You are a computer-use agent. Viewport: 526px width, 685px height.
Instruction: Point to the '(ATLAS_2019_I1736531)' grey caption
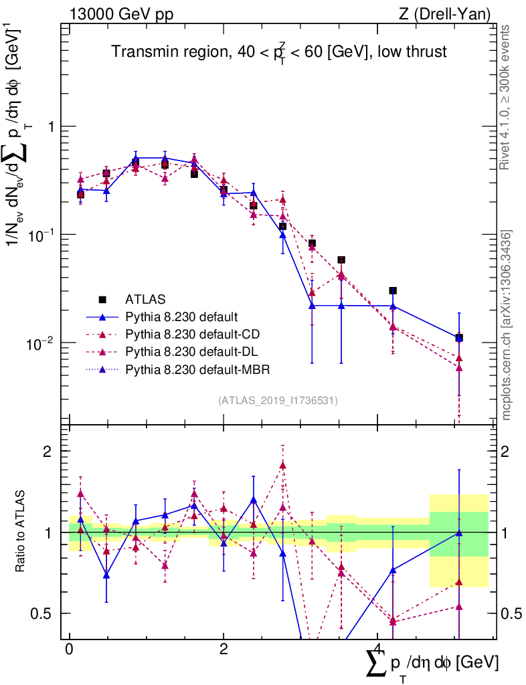[x=278, y=401]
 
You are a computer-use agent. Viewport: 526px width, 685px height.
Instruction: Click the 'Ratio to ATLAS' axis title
[x=21, y=532]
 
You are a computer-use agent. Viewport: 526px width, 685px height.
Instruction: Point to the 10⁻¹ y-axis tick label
[x=45, y=233]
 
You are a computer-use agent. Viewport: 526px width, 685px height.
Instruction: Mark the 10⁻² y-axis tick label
[x=45, y=342]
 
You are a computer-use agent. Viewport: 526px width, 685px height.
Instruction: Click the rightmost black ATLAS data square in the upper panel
[x=459, y=338]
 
